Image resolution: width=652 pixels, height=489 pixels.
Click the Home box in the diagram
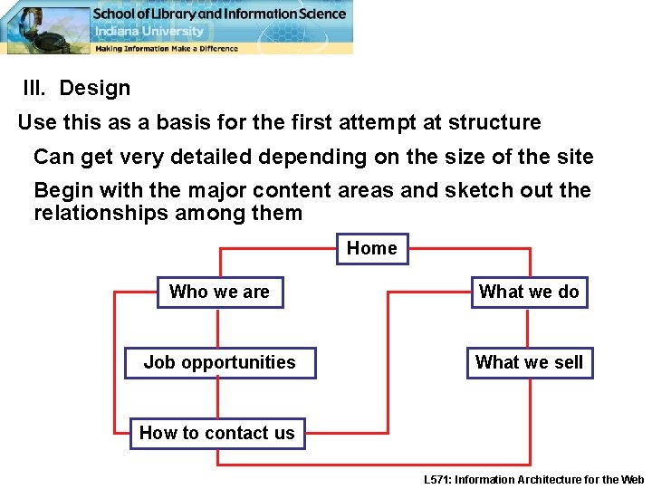pos(372,248)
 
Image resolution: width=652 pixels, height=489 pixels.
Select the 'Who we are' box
pos(219,292)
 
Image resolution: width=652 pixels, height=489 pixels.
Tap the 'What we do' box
pos(529,292)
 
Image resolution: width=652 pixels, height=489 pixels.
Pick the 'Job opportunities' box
pos(219,362)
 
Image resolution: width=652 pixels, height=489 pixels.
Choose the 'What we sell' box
pos(529,362)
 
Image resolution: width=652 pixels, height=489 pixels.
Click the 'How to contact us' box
pos(216,433)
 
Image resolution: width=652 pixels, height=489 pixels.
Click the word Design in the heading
pos(95,89)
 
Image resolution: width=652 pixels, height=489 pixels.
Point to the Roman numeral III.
pos(35,89)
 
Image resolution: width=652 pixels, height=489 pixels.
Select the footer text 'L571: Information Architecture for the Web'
pos(534,479)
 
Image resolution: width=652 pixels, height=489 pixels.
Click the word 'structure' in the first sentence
pos(496,122)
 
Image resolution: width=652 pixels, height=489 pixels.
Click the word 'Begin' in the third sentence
pos(62,191)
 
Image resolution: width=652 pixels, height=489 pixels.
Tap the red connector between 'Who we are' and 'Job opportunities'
pos(219,328)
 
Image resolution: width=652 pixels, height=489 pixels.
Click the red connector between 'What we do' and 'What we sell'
pos(529,328)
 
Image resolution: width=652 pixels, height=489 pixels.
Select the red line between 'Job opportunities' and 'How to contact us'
pos(217,398)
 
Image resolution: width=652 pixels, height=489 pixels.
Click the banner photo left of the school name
pos(45,27)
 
